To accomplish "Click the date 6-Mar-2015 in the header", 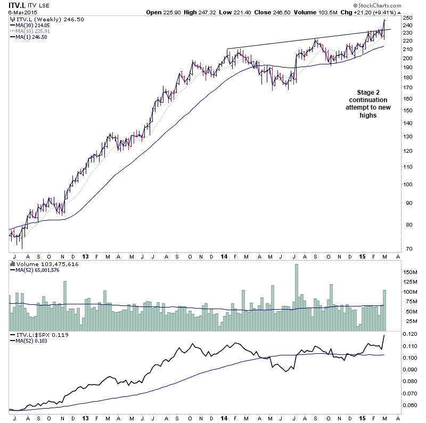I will (x=19, y=12).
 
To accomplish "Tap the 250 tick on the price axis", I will (x=407, y=18).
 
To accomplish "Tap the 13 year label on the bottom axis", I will (x=86, y=419).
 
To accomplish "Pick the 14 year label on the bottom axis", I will (x=223, y=419).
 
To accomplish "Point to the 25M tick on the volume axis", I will (x=408, y=321).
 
